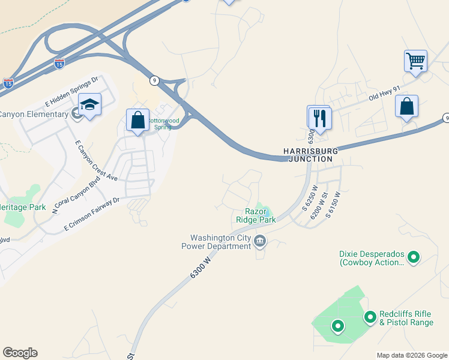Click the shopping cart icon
(x=415, y=61)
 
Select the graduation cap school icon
(x=89, y=104)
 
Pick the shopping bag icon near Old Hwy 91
(x=406, y=106)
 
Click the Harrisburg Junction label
(x=310, y=155)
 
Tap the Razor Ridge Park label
(x=260, y=215)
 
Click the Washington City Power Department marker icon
(x=260, y=242)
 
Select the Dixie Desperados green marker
(x=413, y=258)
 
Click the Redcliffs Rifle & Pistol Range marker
(x=370, y=316)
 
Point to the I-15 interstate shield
(x=59, y=62)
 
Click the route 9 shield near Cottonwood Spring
(x=154, y=80)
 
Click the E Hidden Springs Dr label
(x=71, y=90)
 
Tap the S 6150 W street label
(x=333, y=203)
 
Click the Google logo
(x=20, y=353)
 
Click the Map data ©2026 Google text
(x=412, y=355)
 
